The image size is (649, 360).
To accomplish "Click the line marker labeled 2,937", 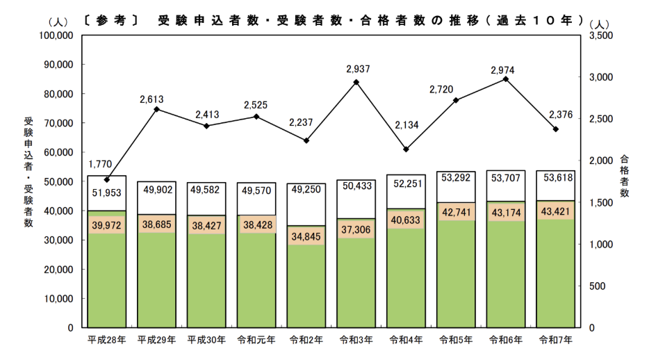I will (x=356, y=82).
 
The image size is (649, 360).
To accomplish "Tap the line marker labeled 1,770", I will (x=107, y=179).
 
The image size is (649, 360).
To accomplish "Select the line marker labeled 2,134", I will (x=406, y=149).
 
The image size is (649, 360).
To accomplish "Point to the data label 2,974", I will (x=505, y=70).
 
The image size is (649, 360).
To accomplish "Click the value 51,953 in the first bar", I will (x=107, y=193).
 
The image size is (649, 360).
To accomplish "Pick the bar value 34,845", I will (x=306, y=236).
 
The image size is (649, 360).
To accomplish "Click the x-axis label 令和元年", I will (x=256, y=340).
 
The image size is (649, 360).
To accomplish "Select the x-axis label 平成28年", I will (x=107, y=340).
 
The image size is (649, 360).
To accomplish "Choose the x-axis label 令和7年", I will (x=556, y=340).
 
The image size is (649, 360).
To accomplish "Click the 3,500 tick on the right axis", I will (x=600, y=35).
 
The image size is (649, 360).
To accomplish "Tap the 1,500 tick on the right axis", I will (x=600, y=202).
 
